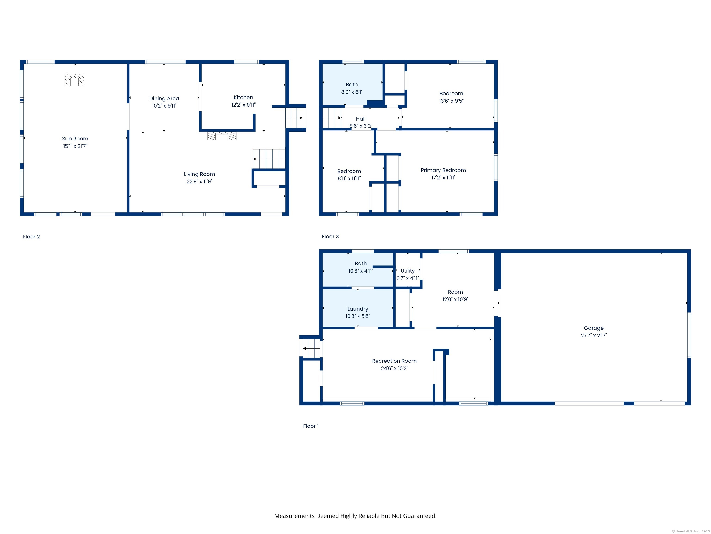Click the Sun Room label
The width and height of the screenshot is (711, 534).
coord(75,139)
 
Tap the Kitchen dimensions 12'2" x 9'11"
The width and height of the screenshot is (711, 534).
coord(243,105)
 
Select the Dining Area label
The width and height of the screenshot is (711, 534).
coord(164,99)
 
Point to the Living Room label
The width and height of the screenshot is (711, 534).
coord(199,174)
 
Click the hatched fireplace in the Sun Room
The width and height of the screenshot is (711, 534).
coord(74,80)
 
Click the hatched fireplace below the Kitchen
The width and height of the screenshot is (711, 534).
coord(222,136)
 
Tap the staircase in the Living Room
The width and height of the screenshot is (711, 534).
coord(269,158)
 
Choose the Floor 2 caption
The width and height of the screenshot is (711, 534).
coord(31,237)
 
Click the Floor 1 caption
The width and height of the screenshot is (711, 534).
coord(311,426)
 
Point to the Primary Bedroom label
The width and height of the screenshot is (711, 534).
coord(443,170)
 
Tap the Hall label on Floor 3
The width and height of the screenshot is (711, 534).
coord(361,119)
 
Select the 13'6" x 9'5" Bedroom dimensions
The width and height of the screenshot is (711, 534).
coord(451,101)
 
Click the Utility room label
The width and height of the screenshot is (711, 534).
coord(408,271)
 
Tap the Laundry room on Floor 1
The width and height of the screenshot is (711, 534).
coord(358,308)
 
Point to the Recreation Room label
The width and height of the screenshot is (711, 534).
coord(394,361)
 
